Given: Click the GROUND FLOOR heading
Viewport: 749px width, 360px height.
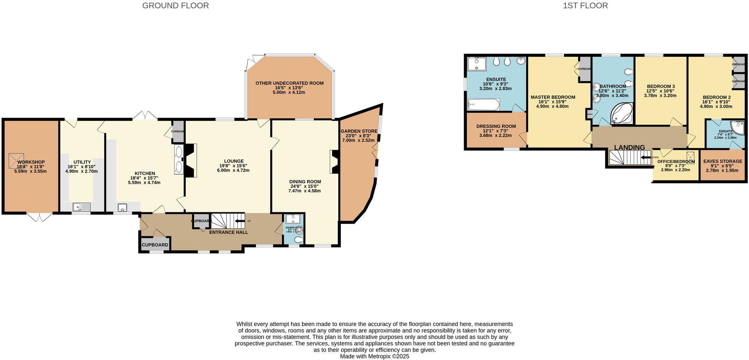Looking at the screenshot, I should pyautogui.click(x=175, y=6).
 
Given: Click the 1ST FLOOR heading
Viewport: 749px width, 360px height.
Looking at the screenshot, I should pyautogui.click(x=585, y=6).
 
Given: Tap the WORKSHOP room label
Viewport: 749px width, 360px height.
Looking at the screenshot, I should pyautogui.click(x=31, y=162).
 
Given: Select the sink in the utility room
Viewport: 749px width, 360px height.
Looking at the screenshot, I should pyautogui.click(x=81, y=207).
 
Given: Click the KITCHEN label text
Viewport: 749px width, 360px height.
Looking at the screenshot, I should pyautogui.click(x=145, y=173).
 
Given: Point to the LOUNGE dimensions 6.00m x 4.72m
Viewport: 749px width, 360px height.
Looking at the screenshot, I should pyautogui.click(x=234, y=170).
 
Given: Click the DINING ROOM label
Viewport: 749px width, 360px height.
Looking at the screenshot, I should pyautogui.click(x=305, y=182).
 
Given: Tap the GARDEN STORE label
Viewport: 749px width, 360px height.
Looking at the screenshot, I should pyautogui.click(x=359, y=131).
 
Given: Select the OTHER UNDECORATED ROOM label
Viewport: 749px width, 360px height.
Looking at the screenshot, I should pyautogui.click(x=289, y=83).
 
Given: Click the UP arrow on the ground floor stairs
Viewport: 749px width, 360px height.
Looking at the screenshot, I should pyautogui.click(x=240, y=221).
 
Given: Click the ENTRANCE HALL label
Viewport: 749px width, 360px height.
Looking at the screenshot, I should pyautogui.click(x=228, y=232).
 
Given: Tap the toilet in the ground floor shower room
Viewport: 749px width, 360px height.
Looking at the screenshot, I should pyautogui.click(x=298, y=240).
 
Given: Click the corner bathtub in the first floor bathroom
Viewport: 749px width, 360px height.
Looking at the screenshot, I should pyautogui.click(x=622, y=114).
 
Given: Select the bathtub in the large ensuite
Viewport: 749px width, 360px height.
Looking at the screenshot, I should pyautogui.click(x=483, y=104).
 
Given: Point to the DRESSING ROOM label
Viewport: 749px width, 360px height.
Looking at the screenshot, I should pyautogui.click(x=496, y=126).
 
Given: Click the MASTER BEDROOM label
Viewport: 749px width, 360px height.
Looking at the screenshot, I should pyautogui.click(x=553, y=97).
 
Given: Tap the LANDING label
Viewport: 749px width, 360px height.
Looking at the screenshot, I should pyautogui.click(x=629, y=147).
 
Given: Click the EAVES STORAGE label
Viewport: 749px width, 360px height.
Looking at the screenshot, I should pyautogui.click(x=723, y=161).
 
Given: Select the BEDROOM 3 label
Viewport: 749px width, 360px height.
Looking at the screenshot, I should pyautogui.click(x=660, y=86).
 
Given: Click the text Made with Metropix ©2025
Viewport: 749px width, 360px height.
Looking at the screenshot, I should pyautogui.click(x=374, y=356).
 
